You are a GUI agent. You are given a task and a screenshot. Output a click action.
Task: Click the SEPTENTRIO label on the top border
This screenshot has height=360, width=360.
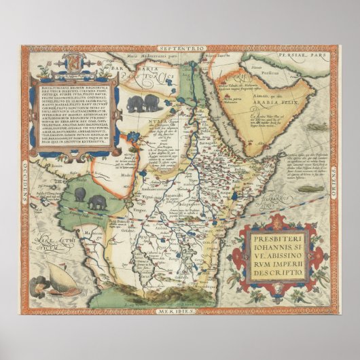pyautogui.click(x=178, y=50)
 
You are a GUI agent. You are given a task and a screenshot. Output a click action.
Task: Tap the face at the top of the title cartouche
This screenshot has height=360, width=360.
pyautogui.click(x=276, y=222)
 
